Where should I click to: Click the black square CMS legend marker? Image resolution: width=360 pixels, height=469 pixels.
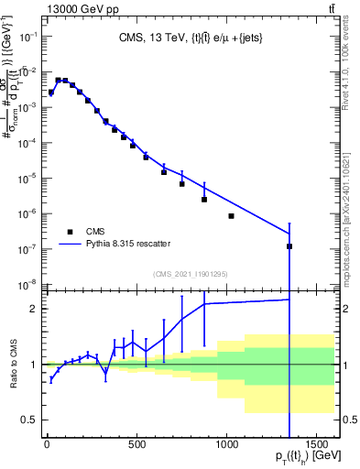tap(70, 232)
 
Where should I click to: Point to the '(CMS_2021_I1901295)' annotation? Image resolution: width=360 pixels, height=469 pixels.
tap(190, 273)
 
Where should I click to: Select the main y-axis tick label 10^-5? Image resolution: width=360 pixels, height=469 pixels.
tap(27, 178)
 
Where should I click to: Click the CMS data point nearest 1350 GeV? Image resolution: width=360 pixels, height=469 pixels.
tap(289, 246)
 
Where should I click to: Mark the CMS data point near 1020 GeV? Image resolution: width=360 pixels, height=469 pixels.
tap(231, 216)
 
